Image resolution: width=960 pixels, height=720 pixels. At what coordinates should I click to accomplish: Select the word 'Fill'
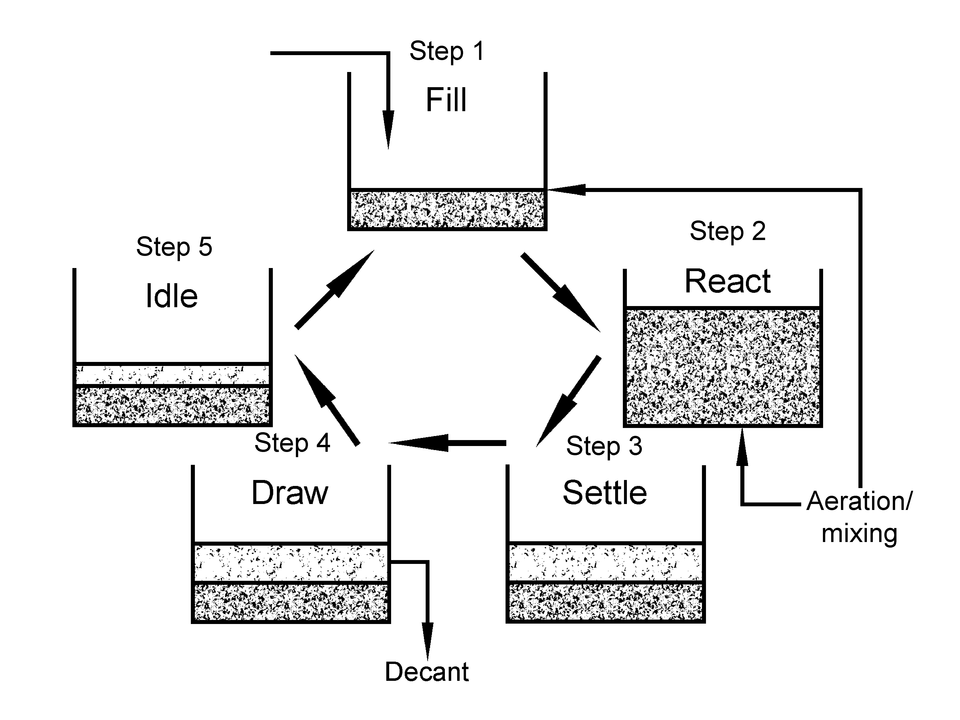tap(446, 100)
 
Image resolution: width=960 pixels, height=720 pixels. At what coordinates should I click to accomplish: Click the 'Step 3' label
tap(604, 446)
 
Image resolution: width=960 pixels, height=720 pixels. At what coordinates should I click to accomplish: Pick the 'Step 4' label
tap(292, 443)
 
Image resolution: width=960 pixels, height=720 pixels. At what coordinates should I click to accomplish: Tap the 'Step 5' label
tap(174, 247)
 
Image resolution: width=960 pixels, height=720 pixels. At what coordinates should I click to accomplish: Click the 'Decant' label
tap(427, 672)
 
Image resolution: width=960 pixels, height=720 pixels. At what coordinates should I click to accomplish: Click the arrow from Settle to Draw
tap(447, 443)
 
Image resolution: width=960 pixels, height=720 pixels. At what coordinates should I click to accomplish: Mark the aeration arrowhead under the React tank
tap(742, 447)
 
